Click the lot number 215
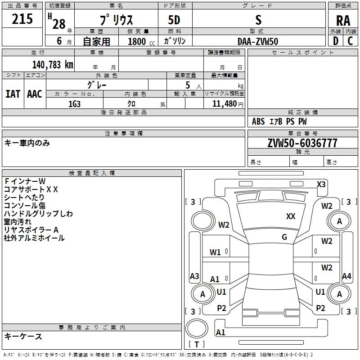click(22, 19)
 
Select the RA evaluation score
click(343, 21)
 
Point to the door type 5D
click(175, 21)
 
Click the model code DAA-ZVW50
click(258, 41)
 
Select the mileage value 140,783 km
click(53, 65)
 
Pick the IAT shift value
click(13, 94)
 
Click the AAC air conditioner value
click(35, 94)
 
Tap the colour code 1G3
click(74, 104)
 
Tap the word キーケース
click(23, 336)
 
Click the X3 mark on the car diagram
click(321, 184)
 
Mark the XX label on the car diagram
click(291, 216)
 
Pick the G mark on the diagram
click(284, 237)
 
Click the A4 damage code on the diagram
click(346, 276)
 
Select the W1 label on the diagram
click(215, 252)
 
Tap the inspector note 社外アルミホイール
click(34, 238)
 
